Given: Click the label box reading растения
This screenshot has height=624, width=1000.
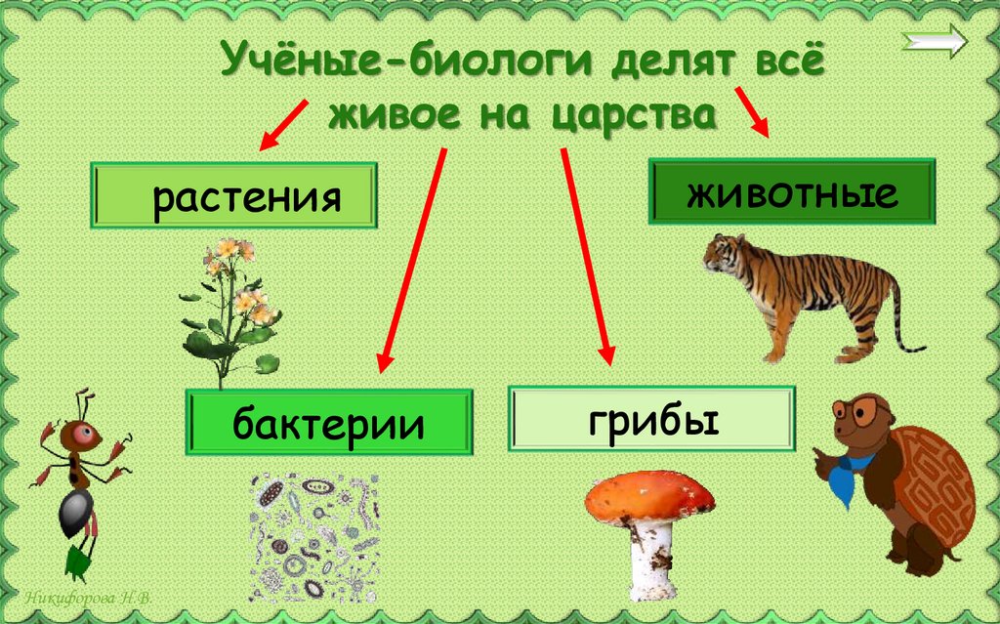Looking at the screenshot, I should coord(234,196).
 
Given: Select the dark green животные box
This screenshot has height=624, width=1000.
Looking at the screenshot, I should coord(792,192).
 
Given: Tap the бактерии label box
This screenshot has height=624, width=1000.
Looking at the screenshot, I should coord(329,423).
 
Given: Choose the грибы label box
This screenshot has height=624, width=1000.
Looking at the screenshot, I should coord(652,419).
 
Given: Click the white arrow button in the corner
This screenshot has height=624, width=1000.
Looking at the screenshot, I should coord(935,41).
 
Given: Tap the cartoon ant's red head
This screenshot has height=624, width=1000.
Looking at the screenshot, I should coord(76,434).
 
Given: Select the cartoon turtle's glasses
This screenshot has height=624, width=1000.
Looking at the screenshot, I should coord(860,411).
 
